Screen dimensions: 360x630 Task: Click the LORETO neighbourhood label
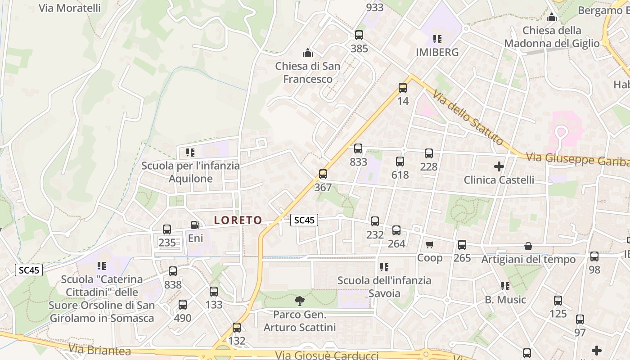click(x=238, y=220)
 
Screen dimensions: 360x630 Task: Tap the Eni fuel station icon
click(x=195, y=225)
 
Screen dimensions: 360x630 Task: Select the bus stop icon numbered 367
click(x=323, y=174)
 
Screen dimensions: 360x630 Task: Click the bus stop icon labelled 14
click(x=402, y=88)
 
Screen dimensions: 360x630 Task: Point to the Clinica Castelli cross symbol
click(x=499, y=166)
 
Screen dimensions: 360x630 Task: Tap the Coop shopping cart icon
click(x=429, y=245)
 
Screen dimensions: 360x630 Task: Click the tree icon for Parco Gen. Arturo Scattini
click(x=299, y=301)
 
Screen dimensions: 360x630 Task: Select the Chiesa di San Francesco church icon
click(x=308, y=53)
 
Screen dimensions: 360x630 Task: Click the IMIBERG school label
click(x=437, y=52)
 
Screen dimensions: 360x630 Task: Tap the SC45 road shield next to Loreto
click(x=304, y=220)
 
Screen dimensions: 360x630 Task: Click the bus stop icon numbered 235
click(x=167, y=229)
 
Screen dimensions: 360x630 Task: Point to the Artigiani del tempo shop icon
click(x=528, y=246)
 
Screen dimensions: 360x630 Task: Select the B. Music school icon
click(x=505, y=286)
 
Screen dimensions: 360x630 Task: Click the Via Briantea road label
click(x=100, y=350)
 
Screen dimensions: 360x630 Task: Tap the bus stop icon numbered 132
click(x=237, y=328)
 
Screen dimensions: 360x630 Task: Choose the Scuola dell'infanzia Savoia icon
click(x=384, y=267)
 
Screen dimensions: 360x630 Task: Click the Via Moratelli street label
click(x=70, y=8)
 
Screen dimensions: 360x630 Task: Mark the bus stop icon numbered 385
click(x=359, y=35)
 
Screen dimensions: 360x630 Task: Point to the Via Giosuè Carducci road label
click(x=327, y=355)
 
